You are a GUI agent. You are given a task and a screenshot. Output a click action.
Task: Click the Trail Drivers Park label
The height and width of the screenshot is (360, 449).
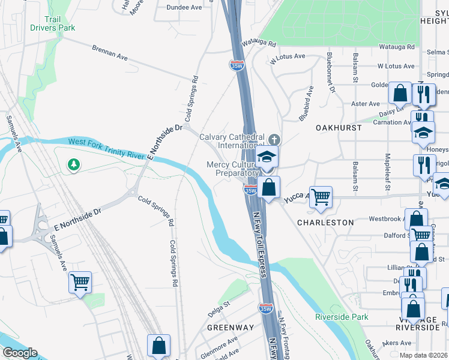[53, 23]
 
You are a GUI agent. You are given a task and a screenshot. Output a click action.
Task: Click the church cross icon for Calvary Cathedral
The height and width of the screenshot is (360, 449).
[274, 139]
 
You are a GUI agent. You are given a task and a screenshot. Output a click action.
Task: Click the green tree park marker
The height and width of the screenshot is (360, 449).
[74, 164]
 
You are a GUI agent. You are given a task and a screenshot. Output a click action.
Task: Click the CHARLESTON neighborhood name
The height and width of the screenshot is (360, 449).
[326, 222]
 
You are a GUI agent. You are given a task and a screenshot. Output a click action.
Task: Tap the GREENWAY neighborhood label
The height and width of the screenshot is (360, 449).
[224, 328]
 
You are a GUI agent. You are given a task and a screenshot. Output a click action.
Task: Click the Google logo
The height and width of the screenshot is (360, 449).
[19, 353]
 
